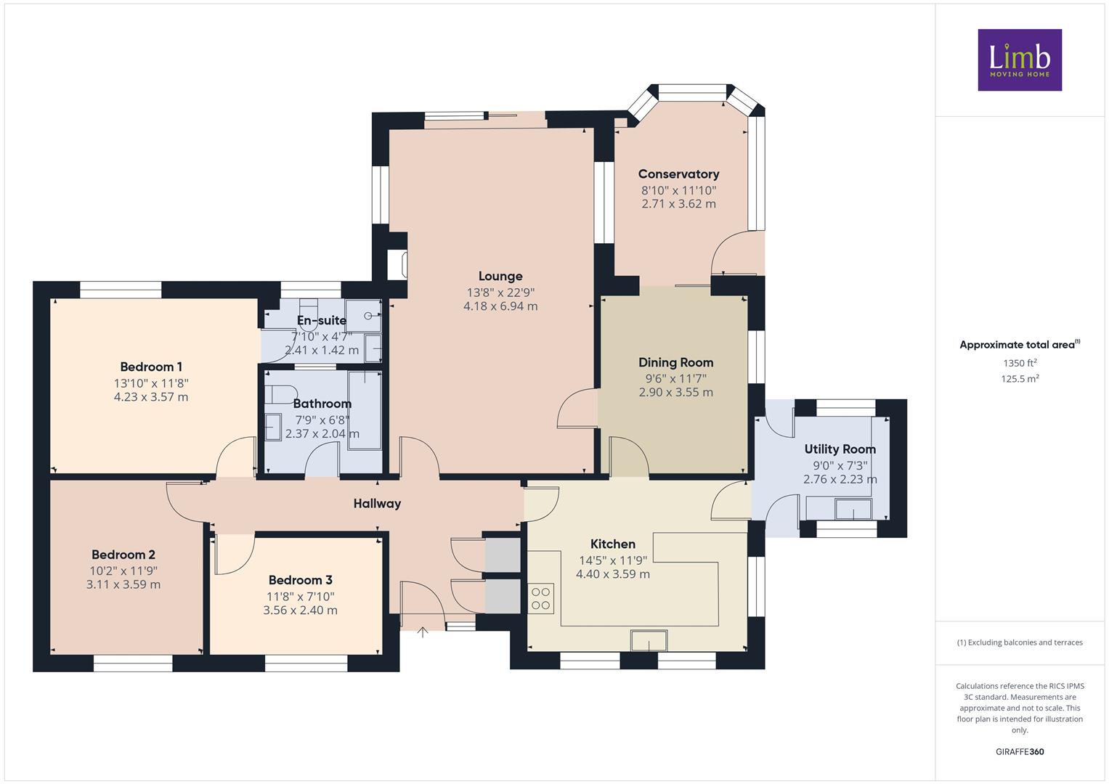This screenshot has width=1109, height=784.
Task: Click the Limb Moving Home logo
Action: [1020, 60]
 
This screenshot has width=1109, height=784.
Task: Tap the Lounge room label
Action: [500, 276]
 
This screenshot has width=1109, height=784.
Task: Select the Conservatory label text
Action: [678, 174]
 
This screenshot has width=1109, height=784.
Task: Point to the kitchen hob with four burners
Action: [540, 598]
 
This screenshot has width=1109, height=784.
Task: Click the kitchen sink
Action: [649, 640]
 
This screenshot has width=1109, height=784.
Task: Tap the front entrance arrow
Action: [422, 632]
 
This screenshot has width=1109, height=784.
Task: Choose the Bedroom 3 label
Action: [301, 580]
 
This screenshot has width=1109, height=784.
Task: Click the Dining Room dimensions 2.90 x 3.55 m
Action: [676, 393]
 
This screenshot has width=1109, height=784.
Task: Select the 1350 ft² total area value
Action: [1020, 363]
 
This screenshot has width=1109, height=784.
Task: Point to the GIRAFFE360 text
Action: [1020, 751]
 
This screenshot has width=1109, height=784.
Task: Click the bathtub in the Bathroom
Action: [365, 410]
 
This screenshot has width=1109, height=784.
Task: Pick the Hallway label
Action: [377, 503]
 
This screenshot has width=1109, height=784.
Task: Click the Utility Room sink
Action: [853, 510]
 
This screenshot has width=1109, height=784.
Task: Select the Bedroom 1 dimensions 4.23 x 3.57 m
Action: [151, 397]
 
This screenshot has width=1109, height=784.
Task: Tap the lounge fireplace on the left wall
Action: [397, 265]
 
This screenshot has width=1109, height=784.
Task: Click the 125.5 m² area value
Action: [1020, 379]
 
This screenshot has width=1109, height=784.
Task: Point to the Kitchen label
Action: [613, 544]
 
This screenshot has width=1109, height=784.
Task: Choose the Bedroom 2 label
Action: [123, 555]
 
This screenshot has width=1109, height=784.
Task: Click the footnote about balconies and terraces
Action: [1020, 642]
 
